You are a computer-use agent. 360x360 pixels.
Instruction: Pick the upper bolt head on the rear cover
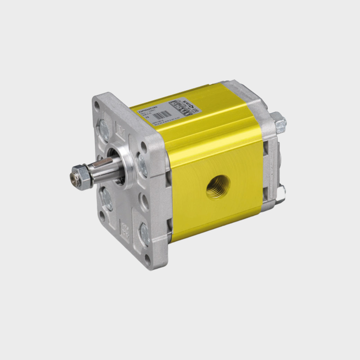point(279,122)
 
